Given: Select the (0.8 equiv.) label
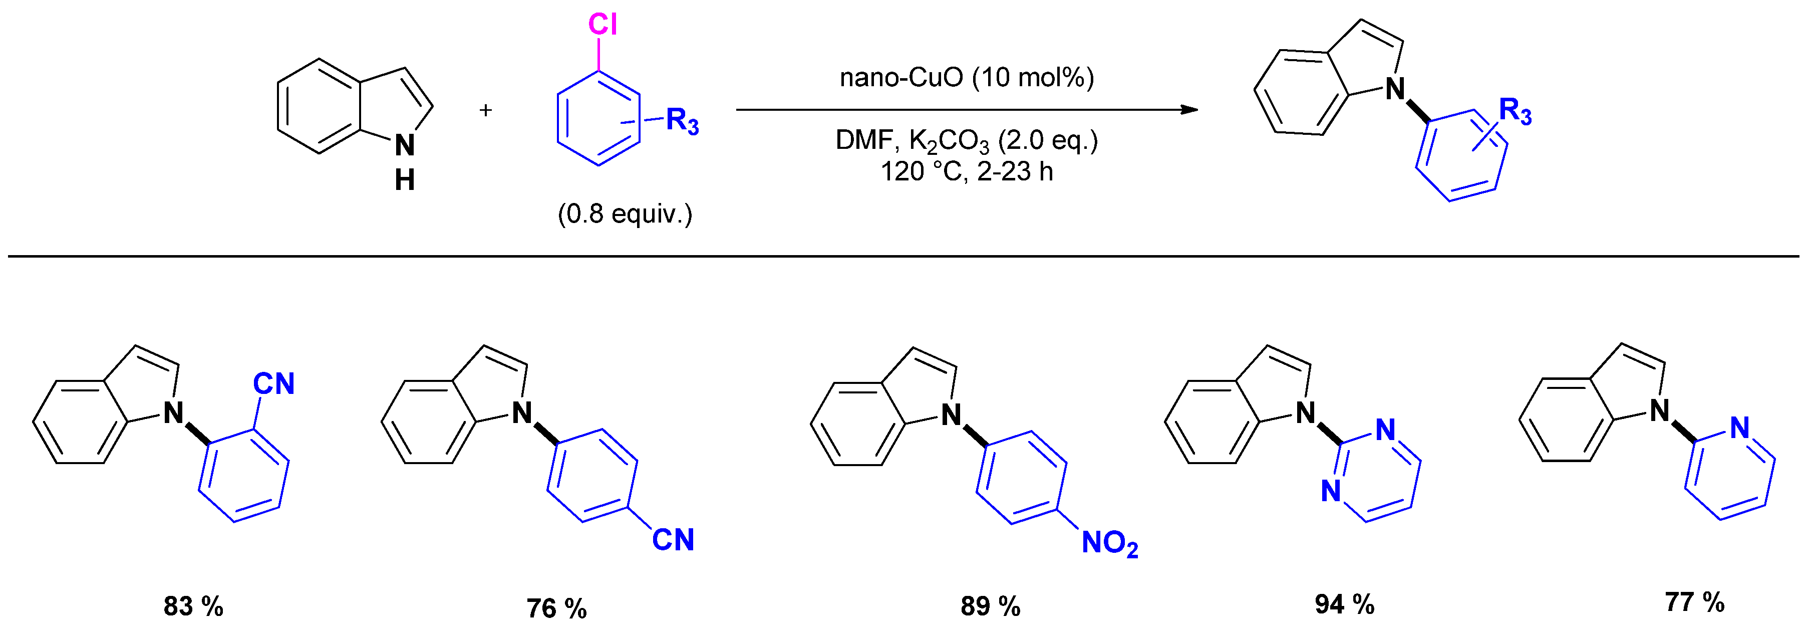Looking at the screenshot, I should [x=625, y=214].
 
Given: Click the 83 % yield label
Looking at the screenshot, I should [x=193, y=606].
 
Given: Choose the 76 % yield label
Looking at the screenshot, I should [x=556, y=608].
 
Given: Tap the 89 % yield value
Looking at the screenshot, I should [x=990, y=606].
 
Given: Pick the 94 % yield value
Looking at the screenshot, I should [x=1344, y=604].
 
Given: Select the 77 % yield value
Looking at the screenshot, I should [x=1694, y=602].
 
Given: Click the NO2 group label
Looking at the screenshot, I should [x=1109, y=543].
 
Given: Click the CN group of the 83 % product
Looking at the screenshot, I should [x=273, y=384].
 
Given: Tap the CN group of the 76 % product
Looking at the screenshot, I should [x=673, y=540].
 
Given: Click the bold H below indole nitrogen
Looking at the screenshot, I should [x=404, y=180].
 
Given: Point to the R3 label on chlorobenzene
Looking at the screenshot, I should [x=682, y=121].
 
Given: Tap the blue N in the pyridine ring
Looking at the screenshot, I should [x=1739, y=427].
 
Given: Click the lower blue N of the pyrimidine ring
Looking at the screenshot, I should [x=1330, y=491].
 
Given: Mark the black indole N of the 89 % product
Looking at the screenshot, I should [x=952, y=415].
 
